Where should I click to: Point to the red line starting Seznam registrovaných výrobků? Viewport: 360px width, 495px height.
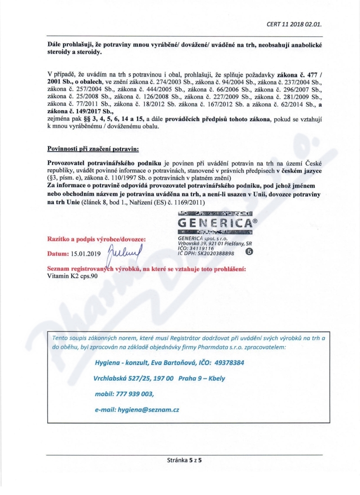(146, 269)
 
